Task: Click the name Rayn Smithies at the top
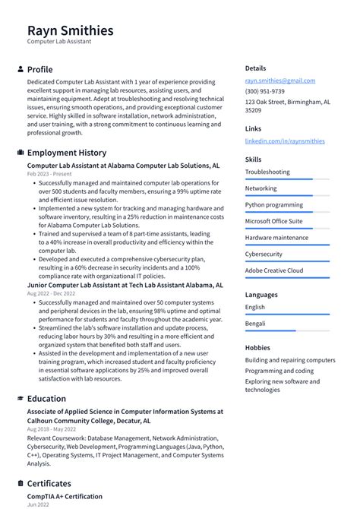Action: [70, 30]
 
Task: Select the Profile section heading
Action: [39, 69]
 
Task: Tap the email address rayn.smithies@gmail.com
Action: [279, 80]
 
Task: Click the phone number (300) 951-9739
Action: [265, 90]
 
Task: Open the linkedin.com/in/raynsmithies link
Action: [284, 141]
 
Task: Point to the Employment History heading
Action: [67, 153]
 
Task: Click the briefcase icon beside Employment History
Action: [20, 153]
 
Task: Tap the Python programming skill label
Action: [273, 204]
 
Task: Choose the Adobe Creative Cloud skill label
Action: [273, 270]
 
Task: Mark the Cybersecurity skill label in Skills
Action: [264, 254]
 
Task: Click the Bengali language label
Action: [255, 323]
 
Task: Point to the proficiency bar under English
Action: [287, 315]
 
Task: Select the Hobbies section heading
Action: [257, 347]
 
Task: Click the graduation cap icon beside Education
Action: [20, 399]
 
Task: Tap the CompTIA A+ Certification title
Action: [65, 496]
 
